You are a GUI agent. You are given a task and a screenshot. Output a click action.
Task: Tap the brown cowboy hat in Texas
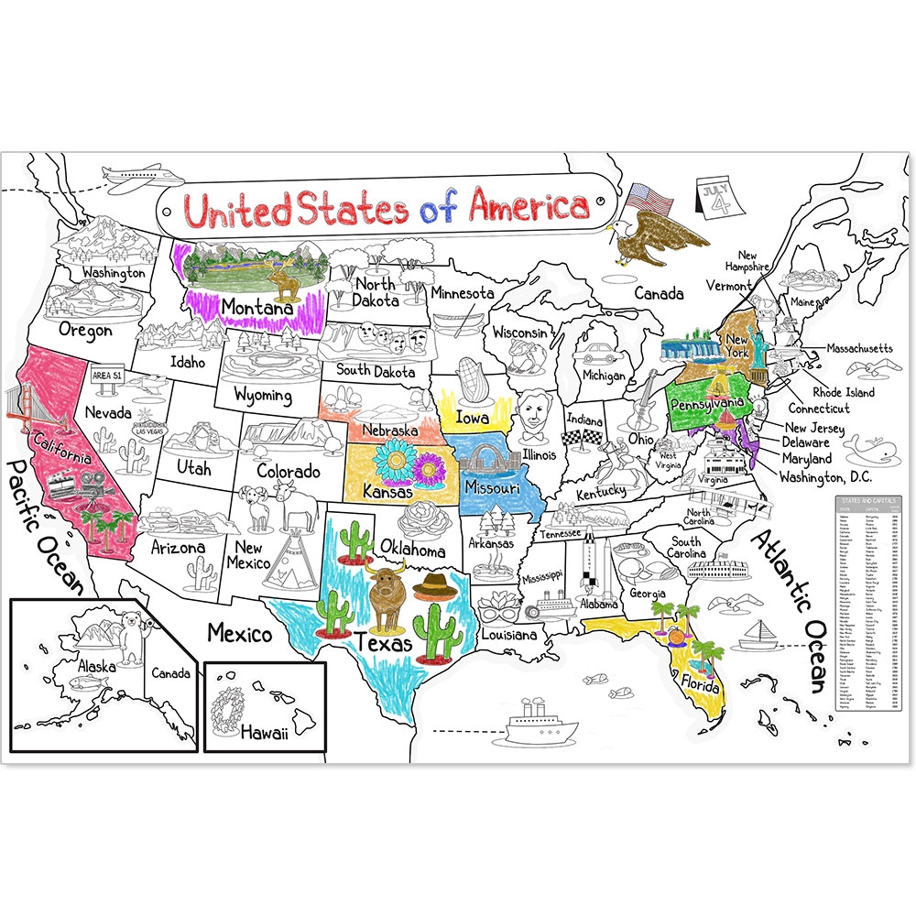434,584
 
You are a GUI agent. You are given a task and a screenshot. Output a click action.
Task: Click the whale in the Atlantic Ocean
862,450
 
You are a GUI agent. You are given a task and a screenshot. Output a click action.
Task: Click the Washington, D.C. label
823,476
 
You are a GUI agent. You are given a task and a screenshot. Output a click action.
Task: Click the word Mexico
239,633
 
